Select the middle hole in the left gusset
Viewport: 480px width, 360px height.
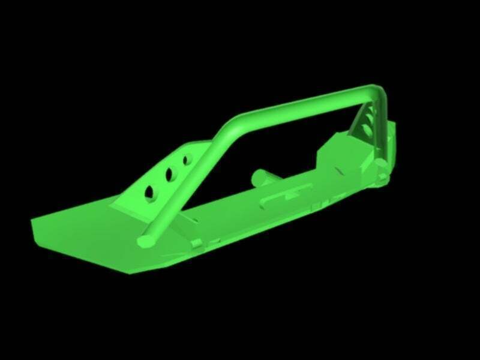coord(169,174)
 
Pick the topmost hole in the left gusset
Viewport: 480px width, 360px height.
coord(185,160)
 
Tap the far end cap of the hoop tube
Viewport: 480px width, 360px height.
coord(382,163)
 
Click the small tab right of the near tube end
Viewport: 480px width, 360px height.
coord(196,243)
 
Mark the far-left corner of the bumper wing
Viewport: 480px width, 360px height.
coord(34,223)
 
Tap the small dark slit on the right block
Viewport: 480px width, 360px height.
coord(340,172)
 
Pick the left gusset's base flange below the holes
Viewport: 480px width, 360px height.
coord(129,207)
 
